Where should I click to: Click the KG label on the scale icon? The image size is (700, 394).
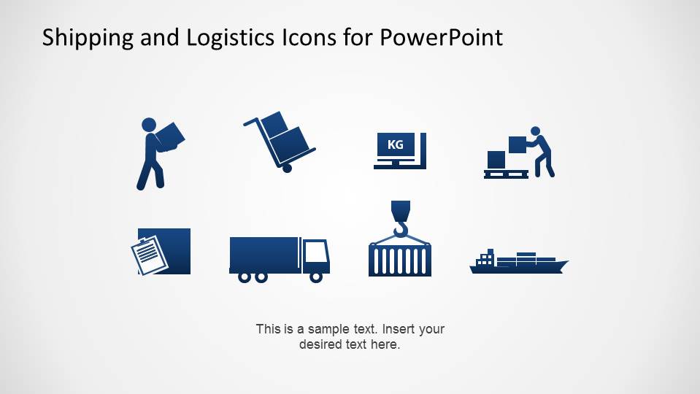tap(395, 144)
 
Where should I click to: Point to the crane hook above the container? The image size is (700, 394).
tap(400, 220)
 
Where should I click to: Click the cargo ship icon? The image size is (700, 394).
tap(518, 263)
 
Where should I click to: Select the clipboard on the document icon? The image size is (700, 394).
tap(150, 255)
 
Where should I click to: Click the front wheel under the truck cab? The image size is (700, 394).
tap(316, 277)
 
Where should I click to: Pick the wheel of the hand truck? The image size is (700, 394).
tap(287, 168)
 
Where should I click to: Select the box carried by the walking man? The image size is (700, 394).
tap(169, 136)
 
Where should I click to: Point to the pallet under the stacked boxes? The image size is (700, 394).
tap(504, 174)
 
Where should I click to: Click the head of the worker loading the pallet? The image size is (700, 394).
tap(535, 131)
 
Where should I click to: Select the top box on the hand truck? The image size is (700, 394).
tap(274, 123)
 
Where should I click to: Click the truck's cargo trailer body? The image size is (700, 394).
tap(264, 254)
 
